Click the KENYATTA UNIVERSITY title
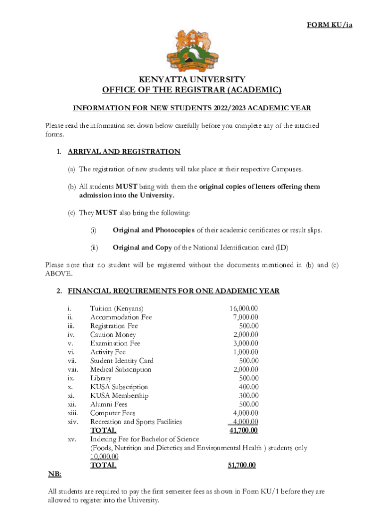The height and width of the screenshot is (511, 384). click(192, 79)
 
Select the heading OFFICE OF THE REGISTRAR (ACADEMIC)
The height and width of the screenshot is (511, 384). click(192, 90)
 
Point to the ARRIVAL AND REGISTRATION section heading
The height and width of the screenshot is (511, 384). click(124, 152)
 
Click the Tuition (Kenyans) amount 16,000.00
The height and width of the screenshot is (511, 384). click(243, 308)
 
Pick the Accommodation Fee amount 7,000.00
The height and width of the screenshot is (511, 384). click(245, 317)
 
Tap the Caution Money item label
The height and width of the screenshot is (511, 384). click(113, 335)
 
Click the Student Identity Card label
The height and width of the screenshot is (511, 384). click(122, 361)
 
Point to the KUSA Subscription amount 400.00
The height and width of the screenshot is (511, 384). click(249, 387)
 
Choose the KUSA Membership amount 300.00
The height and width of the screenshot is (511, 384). click(249, 396)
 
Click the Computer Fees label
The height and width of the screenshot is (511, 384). click(113, 413)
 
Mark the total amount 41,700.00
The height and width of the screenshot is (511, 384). click(243, 430)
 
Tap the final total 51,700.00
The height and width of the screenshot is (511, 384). click(242, 465)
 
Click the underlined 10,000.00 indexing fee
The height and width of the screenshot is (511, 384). click(104, 457)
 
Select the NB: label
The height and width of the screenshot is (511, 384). click(54, 474)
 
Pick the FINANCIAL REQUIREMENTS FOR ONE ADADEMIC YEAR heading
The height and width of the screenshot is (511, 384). click(174, 291)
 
